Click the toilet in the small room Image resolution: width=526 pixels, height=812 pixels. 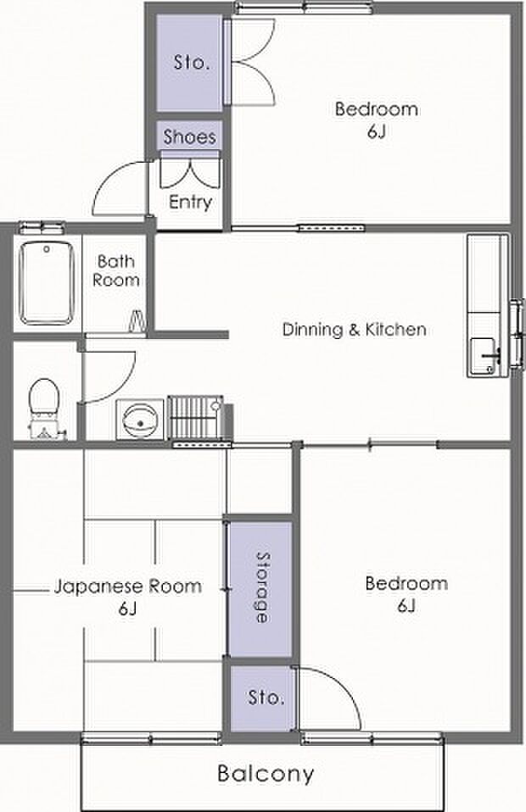click(x=43, y=408)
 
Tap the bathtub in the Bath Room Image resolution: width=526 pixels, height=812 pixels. click(x=46, y=283)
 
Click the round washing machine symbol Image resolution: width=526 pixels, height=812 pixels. click(x=140, y=419)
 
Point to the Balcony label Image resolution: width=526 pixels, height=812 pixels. click(x=266, y=774)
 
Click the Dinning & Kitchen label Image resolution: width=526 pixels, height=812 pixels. click(x=355, y=330)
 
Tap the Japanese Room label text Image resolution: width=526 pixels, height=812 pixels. click(x=128, y=587)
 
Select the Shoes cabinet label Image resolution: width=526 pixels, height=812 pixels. click(x=190, y=136)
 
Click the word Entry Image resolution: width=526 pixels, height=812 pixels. click(x=190, y=202)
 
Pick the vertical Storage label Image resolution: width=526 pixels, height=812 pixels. click(x=263, y=587)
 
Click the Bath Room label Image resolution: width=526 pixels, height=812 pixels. click(x=115, y=270)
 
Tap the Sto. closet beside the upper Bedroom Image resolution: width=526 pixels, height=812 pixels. click(x=191, y=63)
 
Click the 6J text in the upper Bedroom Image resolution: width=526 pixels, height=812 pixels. click(x=377, y=131)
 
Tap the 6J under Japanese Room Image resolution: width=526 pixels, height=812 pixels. click(x=127, y=609)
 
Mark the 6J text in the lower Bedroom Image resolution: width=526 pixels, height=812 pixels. click(x=407, y=605)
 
